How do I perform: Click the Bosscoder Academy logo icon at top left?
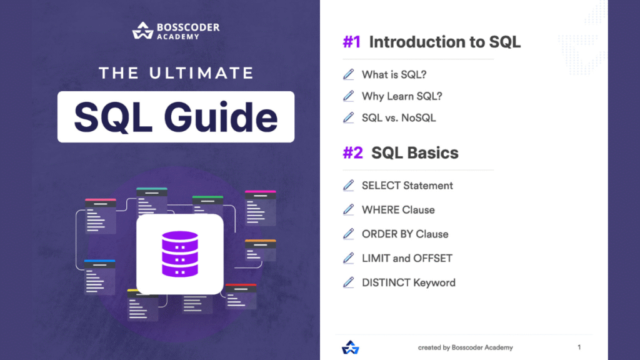point(142,31)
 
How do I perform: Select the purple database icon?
point(179,254)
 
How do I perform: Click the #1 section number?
point(351,42)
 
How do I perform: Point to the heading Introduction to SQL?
point(444,42)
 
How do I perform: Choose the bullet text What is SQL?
point(394,75)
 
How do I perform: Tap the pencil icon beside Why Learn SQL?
point(349,96)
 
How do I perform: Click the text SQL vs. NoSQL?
point(399,117)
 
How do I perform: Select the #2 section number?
point(352,153)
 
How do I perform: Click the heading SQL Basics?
point(415,153)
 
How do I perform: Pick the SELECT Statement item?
point(407,186)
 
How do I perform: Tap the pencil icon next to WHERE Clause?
point(349,209)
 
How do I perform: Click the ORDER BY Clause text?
point(405,234)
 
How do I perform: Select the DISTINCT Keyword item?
point(409,282)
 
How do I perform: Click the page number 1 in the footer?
point(579,347)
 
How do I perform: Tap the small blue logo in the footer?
point(349,347)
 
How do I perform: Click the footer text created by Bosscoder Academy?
point(465,347)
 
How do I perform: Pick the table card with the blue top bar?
point(99,276)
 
